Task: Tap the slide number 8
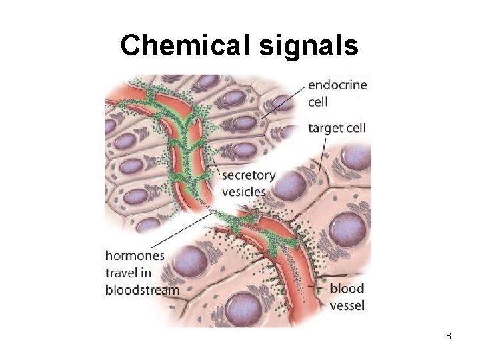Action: (x=449, y=336)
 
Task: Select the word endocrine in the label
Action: (x=337, y=85)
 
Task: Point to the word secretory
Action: (x=248, y=176)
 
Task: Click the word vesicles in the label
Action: (x=243, y=192)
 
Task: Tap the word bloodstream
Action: (x=142, y=290)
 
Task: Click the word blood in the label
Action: (x=347, y=289)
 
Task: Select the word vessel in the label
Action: (x=348, y=305)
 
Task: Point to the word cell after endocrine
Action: (x=319, y=102)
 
